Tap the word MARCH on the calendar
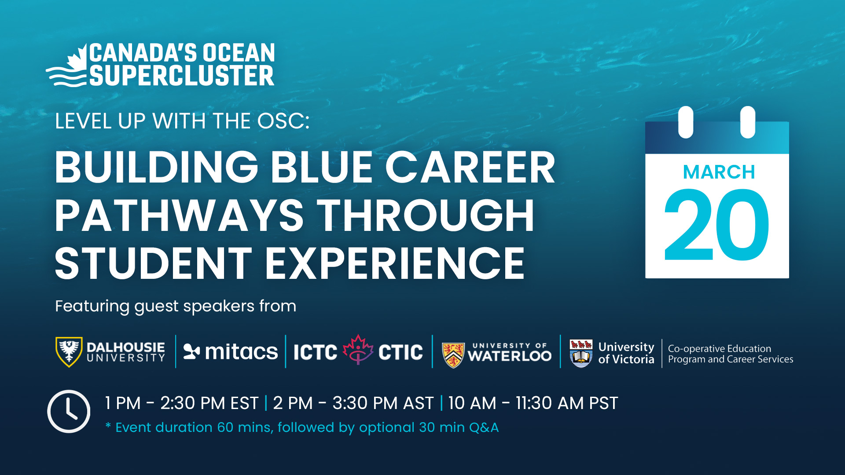(719, 172)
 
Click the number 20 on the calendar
(716, 225)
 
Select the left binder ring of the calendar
(686, 122)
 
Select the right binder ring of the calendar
(747, 122)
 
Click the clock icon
(69, 411)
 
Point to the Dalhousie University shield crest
(69, 351)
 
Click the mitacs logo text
(241, 352)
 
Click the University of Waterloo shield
(453, 354)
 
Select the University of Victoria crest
(580, 353)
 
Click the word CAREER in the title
(470, 168)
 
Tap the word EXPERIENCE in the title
(394, 263)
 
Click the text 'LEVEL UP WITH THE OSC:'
(182, 121)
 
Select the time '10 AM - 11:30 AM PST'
(533, 403)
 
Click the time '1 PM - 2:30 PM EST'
(181, 403)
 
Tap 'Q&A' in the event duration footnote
(484, 427)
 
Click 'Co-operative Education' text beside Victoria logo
(719, 348)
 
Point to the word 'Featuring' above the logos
(92, 306)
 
